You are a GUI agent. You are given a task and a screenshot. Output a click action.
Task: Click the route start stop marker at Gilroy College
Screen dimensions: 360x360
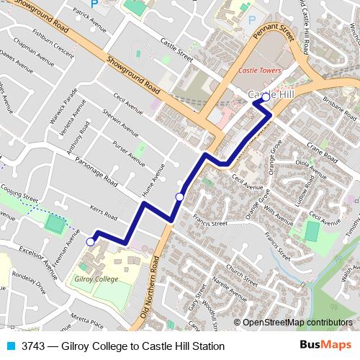tap(90, 242)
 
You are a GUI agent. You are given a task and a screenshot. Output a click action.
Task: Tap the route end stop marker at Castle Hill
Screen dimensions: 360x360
tap(266, 96)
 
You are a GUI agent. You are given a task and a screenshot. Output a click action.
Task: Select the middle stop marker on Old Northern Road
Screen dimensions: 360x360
tap(180, 197)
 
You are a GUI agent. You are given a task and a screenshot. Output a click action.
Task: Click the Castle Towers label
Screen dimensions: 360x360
tap(259, 71)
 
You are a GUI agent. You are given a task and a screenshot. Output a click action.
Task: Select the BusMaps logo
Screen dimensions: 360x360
tap(324, 346)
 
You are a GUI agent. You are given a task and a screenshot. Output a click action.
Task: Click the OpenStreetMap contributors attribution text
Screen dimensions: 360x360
tap(297, 322)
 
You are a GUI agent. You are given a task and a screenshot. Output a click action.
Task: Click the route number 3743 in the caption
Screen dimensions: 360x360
tap(34, 346)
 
